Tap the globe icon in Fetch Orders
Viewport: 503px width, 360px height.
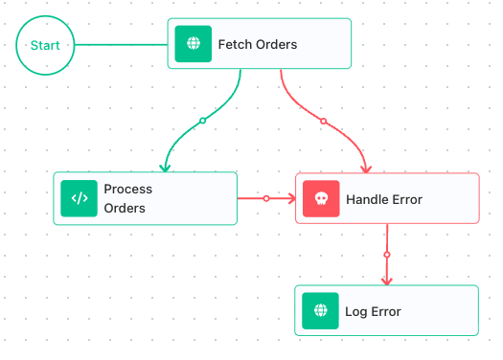(194, 44)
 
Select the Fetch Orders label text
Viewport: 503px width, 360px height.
(258, 45)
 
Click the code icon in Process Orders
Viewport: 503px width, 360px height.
(79, 198)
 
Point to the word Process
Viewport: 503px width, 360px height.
(128, 190)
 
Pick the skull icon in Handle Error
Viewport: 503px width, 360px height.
(321, 199)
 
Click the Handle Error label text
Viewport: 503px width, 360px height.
(384, 200)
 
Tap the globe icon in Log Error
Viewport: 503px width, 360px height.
(320, 310)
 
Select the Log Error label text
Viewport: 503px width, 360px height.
(373, 311)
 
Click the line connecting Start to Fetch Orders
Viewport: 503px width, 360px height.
(122, 45)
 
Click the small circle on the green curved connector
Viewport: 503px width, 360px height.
(202, 121)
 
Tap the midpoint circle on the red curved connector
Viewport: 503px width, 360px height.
(324, 121)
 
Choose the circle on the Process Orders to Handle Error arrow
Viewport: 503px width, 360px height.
(266, 198)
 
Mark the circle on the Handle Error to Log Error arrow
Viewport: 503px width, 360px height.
(387, 255)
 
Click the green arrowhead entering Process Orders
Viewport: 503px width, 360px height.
(165, 168)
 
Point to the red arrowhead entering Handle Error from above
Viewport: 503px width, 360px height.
(366, 169)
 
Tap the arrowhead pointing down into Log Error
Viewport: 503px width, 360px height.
(387, 281)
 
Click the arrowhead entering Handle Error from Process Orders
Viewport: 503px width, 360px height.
(292, 198)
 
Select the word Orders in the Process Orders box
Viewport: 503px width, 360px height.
(125, 209)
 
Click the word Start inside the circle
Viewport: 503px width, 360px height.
(45, 45)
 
